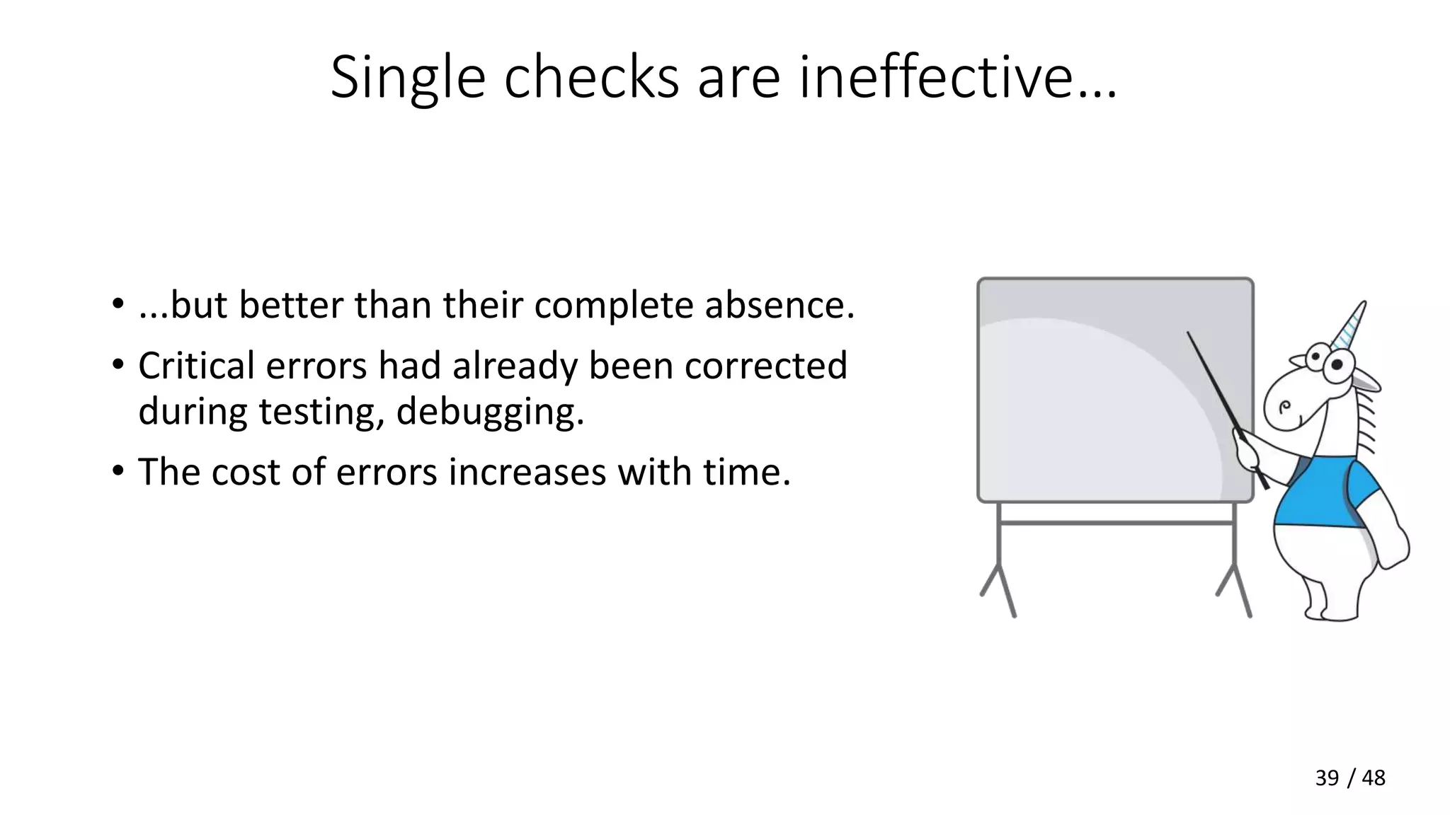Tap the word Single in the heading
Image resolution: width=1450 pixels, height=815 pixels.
(x=407, y=78)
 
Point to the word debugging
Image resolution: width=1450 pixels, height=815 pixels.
(x=490, y=411)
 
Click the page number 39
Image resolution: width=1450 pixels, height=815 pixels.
(x=1327, y=778)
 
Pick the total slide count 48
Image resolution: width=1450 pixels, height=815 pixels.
(x=1373, y=778)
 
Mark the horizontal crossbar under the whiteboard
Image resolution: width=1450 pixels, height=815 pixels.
(x=1116, y=523)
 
